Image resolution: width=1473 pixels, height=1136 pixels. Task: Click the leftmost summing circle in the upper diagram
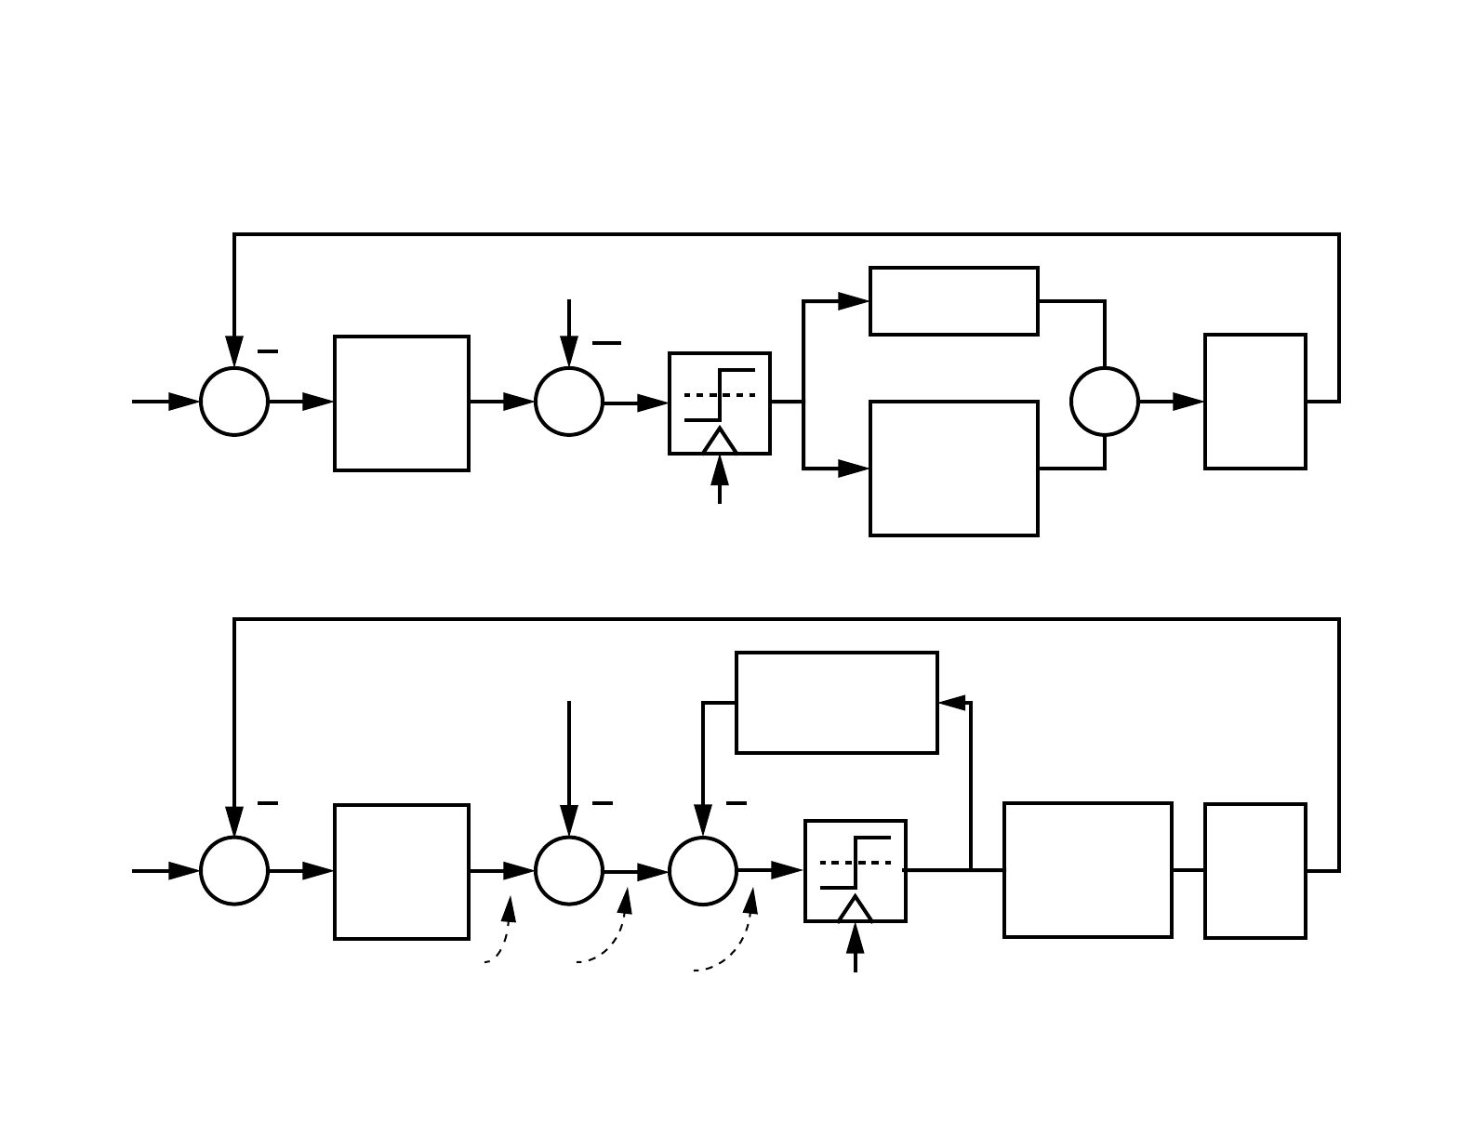click(x=234, y=402)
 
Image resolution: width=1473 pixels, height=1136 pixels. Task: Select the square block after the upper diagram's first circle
click(x=402, y=403)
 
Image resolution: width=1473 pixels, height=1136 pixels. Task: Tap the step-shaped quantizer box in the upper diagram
click(x=720, y=403)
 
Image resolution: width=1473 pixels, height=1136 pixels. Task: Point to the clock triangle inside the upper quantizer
click(x=720, y=442)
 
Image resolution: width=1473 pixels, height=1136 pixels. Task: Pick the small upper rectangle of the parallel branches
click(x=954, y=301)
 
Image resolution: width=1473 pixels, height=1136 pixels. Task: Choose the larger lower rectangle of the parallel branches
click(x=954, y=469)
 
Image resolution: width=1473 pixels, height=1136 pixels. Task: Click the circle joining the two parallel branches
click(x=1105, y=402)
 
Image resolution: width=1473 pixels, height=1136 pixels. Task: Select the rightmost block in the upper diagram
click(x=1255, y=402)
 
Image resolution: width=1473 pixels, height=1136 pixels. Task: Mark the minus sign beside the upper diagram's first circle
click(x=268, y=351)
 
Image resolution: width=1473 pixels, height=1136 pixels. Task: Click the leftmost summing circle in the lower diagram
click(x=234, y=871)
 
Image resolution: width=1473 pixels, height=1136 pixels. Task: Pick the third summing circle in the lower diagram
click(x=703, y=871)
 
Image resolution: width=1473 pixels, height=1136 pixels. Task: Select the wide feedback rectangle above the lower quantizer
click(x=837, y=703)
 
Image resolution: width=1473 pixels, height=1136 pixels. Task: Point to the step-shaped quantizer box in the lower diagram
click(x=856, y=871)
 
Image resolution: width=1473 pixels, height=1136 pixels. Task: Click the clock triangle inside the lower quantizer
click(x=856, y=909)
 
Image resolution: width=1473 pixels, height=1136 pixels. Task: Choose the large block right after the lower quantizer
click(x=1088, y=870)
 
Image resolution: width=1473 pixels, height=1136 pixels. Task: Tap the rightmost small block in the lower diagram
click(x=1255, y=871)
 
